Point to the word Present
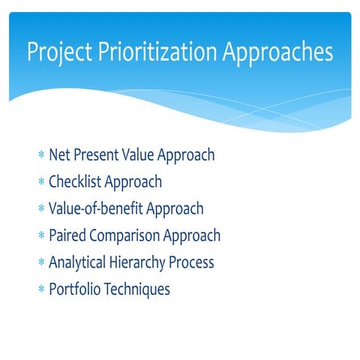coord(100,155)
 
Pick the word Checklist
coord(75,182)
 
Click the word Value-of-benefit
coord(97,209)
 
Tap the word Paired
coord(68,236)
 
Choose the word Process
coord(195,263)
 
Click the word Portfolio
coord(74,289)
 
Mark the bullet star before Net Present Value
coord(40,156)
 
